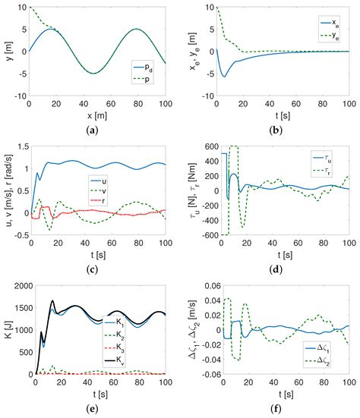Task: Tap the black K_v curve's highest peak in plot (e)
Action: [x=52, y=301]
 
